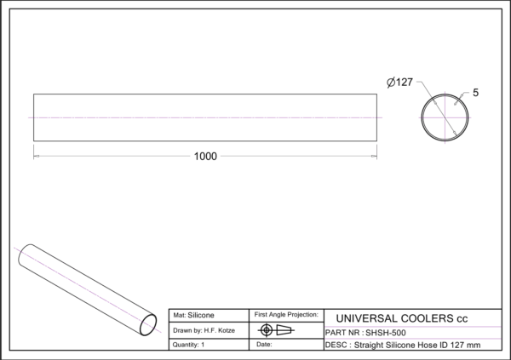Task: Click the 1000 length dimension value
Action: [205, 157]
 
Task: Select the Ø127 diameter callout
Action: [400, 82]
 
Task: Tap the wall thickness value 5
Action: [475, 93]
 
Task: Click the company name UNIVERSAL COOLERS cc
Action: [401, 318]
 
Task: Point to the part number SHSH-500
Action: [386, 333]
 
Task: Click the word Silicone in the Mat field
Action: [201, 315]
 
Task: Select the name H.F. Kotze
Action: [220, 330]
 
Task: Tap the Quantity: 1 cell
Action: [189, 345]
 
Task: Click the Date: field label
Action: [264, 344]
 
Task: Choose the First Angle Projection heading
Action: [286, 314]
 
